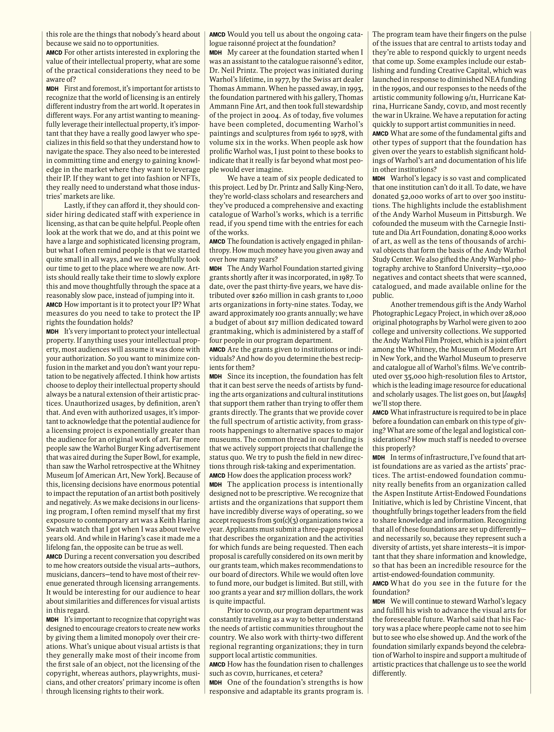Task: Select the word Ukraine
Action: [x=418, y=115]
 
